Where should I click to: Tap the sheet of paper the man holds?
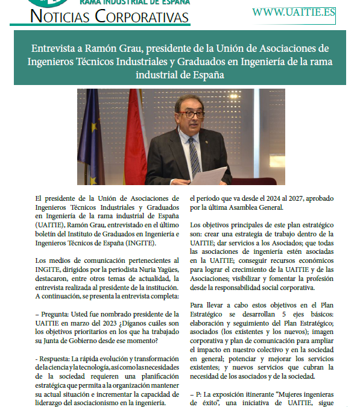pos(209,175)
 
